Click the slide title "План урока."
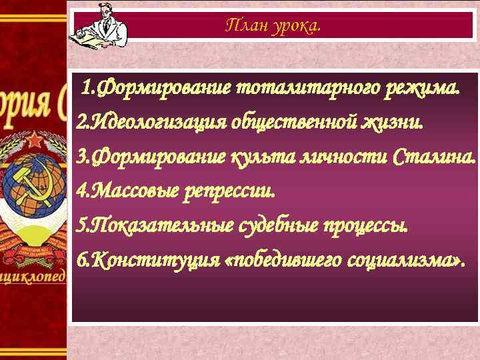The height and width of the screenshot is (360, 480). tap(273, 26)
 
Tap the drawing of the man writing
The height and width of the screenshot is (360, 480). tap(97, 23)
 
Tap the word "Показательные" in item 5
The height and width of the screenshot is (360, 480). tap(160, 227)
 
